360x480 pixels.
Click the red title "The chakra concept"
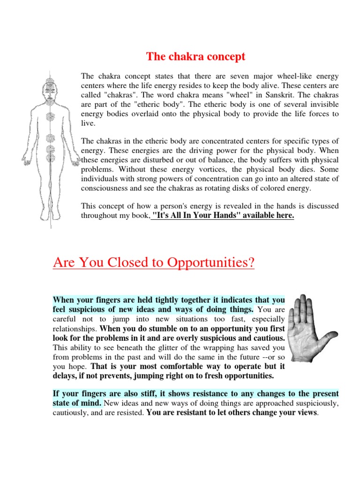195,57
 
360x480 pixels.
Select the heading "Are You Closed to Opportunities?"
154,262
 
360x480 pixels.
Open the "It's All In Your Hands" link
223,215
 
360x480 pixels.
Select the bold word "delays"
65,375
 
